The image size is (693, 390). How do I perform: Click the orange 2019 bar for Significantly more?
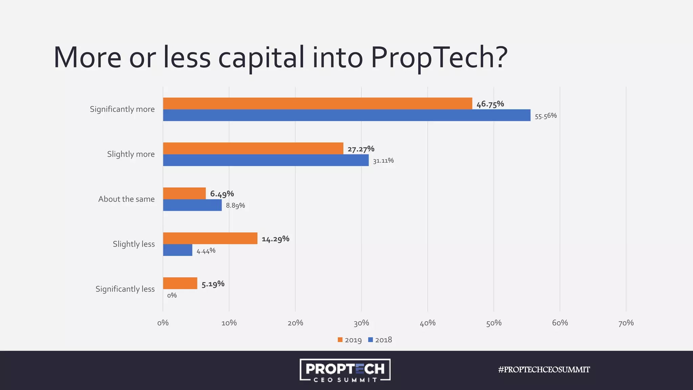click(x=317, y=104)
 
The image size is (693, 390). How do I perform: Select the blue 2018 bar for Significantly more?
click(x=346, y=115)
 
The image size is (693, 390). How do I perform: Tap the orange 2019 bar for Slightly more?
click(x=253, y=148)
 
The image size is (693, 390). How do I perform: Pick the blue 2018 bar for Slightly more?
click(x=266, y=160)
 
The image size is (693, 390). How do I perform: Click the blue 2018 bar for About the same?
click(x=192, y=205)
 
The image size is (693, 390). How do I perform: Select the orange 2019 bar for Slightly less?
click(x=210, y=238)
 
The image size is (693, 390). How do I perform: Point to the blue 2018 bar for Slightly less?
click(x=178, y=250)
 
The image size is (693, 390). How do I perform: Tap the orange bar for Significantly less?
click(x=180, y=283)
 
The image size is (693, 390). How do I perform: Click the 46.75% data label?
click(x=490, y=104)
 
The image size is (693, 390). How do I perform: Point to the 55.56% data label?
click(x=545, y=116)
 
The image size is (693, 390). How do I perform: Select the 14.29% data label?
click(x=275, y=239)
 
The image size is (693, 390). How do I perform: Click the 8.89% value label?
click(x=235, y=205)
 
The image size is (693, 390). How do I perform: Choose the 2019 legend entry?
click(x=350, y=340)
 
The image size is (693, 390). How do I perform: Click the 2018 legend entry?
click(x=380, y=340)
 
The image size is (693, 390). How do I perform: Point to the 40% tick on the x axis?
click(x=427, y=323)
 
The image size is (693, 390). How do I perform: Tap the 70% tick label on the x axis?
click(x=626, y=323)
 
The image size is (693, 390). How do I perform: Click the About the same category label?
click(x=126, y=199)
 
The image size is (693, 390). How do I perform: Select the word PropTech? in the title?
click(x=439, y=58)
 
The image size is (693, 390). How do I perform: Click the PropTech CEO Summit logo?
click(x=345, y=370)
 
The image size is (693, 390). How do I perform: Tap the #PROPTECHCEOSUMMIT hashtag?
click(x=544, y=370)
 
